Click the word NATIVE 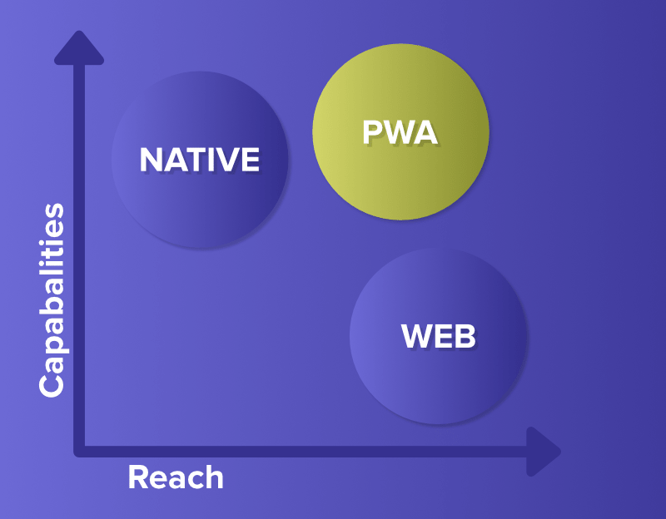199,160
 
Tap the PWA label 400,133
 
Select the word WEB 438,336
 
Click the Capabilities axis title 52,299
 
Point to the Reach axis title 176,477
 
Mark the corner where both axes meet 80,451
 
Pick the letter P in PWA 371,133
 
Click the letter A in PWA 425,133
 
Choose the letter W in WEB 416,336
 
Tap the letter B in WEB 465,336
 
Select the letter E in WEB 443,336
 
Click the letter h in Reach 215,477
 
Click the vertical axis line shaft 80,250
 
